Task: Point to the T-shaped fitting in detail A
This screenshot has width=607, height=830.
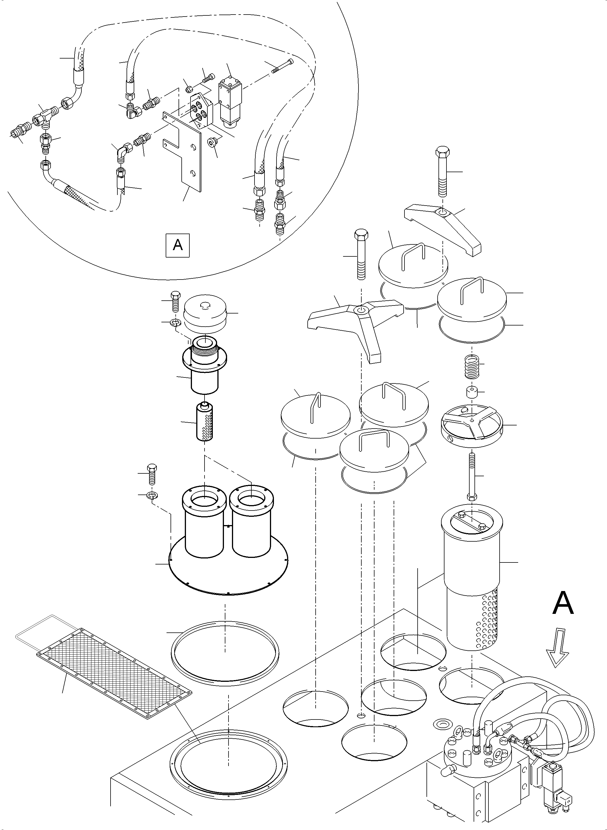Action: click(x=43, y=118)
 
